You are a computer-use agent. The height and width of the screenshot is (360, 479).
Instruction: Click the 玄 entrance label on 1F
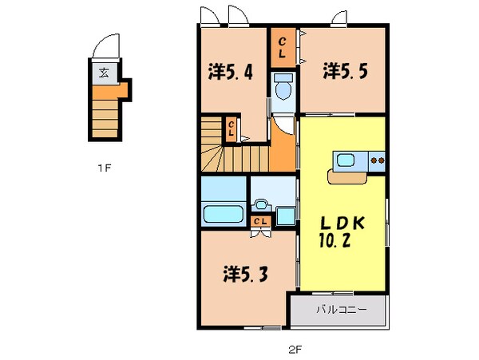(105, 73)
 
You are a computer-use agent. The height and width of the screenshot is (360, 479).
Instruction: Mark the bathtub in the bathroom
(223, 215)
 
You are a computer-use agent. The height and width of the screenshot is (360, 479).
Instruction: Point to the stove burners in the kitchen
(377, 161)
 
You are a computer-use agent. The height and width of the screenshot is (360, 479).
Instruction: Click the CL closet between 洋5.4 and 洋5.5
(283, 48)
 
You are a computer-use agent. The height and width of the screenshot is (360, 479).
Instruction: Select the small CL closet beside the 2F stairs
(231, 127)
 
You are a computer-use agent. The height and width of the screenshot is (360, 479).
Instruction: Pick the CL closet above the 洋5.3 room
(260, 221)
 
